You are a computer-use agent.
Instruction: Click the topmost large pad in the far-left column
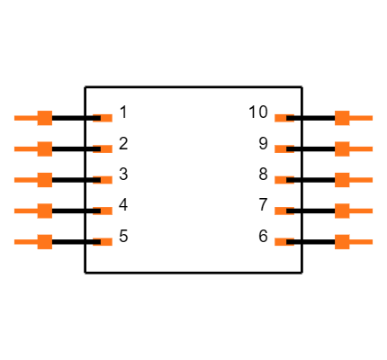[x=44, y=118]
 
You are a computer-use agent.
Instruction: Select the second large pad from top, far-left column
[x=44, y=148]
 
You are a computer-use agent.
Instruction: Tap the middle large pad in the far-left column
[x=44, y=180]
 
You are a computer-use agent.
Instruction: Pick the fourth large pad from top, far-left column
[x=44, y=211]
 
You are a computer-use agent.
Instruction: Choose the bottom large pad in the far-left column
[x=44, y=241]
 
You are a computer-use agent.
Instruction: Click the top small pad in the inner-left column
[x=105, y=118]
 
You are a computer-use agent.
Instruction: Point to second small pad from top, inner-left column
[x=105, y=148]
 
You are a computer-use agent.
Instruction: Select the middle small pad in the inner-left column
[x=105, y=180]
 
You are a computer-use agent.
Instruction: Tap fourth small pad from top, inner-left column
[x=105, y=211]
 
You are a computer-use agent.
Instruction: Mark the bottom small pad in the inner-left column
[x=105, y=241]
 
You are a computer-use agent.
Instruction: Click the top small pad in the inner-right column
[x=281, y=118]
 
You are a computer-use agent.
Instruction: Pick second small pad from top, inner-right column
[x=281, y=148]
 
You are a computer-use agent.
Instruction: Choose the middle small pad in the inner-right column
[x=281, y=180]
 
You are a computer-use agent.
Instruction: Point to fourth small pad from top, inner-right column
[x=281, y=211]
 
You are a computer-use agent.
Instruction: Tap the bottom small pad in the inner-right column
[x=281, y=241]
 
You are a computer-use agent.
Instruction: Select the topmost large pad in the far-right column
[x=342, y=118]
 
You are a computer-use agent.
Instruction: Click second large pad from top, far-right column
[x=342, y=148]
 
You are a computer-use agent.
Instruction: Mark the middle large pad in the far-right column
[x=342, y=180]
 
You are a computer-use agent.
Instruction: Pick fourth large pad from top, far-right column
[x=342, y=211]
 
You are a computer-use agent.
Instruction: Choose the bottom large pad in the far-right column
[x=342, y=241]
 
